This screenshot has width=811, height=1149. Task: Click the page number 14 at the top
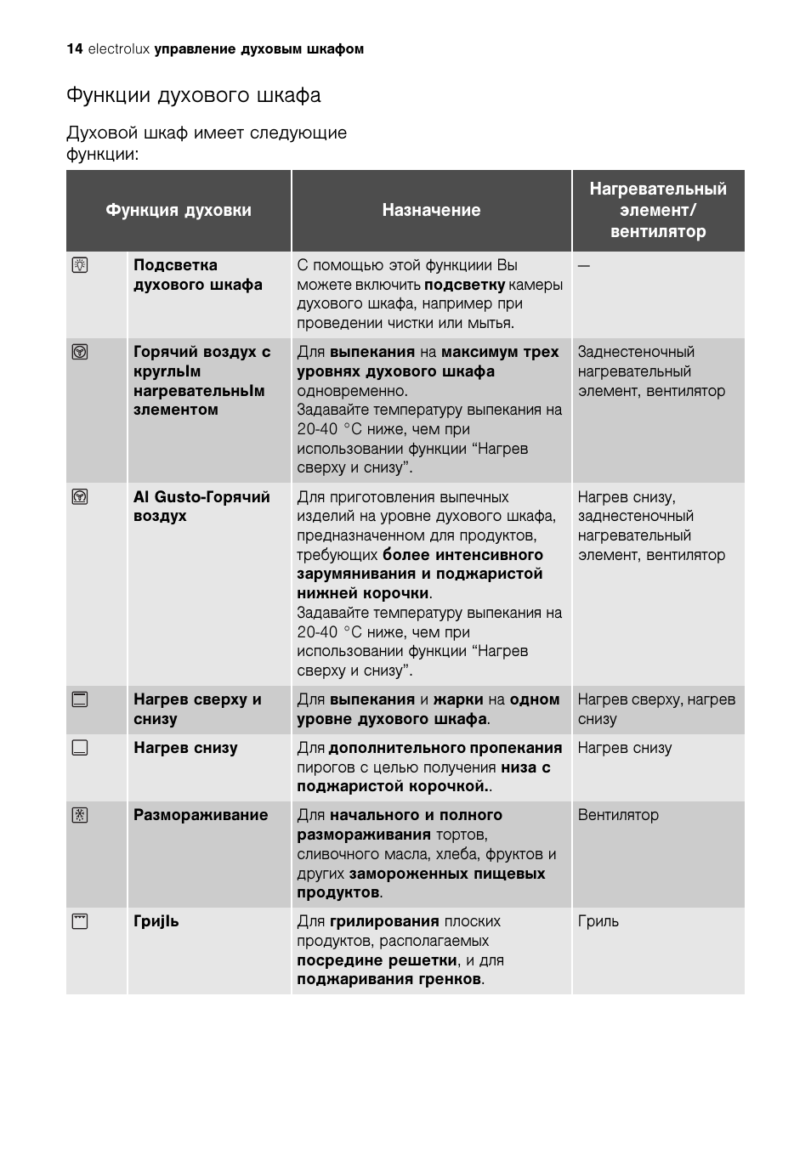pos(74,49)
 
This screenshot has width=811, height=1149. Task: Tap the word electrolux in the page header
pos(119,49)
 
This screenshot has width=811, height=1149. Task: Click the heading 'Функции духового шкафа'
pos(194,95)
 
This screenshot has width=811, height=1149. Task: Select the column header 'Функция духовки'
pos(179,210)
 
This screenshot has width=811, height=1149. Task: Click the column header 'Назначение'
pos(431,210)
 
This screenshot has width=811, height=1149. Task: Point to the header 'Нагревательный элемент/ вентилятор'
pos(658,210)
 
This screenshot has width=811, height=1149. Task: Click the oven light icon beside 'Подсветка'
pos(80,265)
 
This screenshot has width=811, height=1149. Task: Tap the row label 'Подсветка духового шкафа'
pos(197,275)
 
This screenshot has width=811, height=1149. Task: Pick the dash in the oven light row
pos(583,265)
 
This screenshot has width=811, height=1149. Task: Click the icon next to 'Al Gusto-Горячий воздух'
pos(80,496)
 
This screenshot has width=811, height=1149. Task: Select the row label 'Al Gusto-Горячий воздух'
pos(201,506)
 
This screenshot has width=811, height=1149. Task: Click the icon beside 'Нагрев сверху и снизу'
pos(80,699)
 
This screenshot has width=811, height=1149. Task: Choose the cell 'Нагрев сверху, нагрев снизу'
pos(656,709)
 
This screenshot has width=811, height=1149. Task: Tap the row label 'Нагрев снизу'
pos(185,748)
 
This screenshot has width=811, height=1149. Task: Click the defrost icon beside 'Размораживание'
pos(80,815)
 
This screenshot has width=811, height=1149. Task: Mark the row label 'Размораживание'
pos(201,815)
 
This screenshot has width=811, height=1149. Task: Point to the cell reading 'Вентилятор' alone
pos(618,815)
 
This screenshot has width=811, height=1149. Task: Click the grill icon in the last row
pos(80,921)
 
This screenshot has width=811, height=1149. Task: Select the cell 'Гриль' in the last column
pos(598,921)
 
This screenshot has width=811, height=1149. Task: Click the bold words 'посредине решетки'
pos(377,960)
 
